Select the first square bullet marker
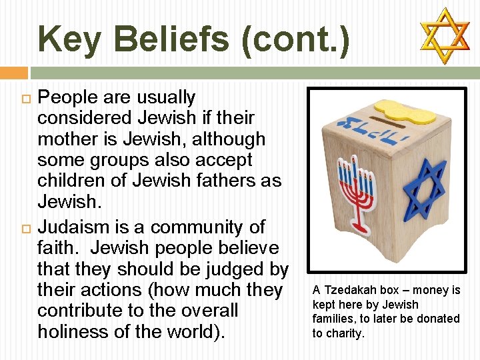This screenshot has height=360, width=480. pyautogui.click(x=19, y=97)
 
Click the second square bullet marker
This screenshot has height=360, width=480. pyautogui.click(x=19, y=227)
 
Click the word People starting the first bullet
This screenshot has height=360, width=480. pyautogui.click(x=69, y=97)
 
